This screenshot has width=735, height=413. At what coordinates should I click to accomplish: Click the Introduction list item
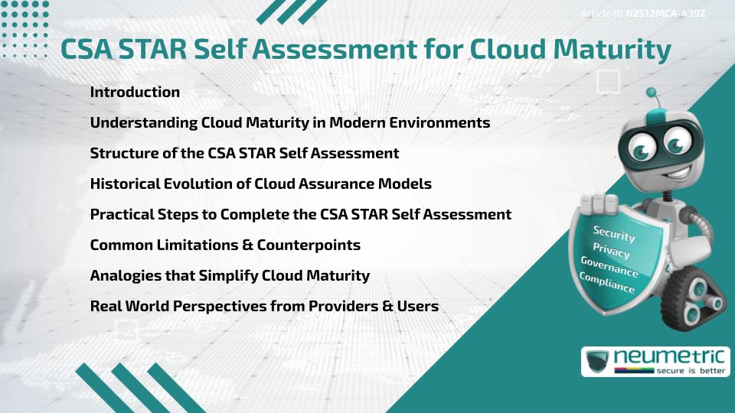[x=135, y=92]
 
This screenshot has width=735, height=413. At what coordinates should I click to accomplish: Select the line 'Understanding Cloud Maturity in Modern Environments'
[x=290, y=122]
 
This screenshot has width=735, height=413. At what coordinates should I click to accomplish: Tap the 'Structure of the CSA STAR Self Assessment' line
[x=244, y=153]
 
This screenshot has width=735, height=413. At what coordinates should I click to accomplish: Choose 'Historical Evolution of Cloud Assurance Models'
[x=260, y=184]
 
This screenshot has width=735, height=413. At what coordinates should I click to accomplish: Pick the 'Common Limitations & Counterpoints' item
[x=225, y=245]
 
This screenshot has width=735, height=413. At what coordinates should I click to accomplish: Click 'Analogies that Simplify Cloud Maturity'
[x=230, y=275]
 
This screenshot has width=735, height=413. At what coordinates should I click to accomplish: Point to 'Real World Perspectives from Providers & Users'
[x=264, y=306]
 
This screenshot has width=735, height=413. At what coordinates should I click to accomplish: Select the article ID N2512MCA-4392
[x=665, y=14]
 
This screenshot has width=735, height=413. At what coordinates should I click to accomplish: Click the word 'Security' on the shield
[x=614, y=234]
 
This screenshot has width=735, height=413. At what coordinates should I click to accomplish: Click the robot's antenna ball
[x=652, y=93]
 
